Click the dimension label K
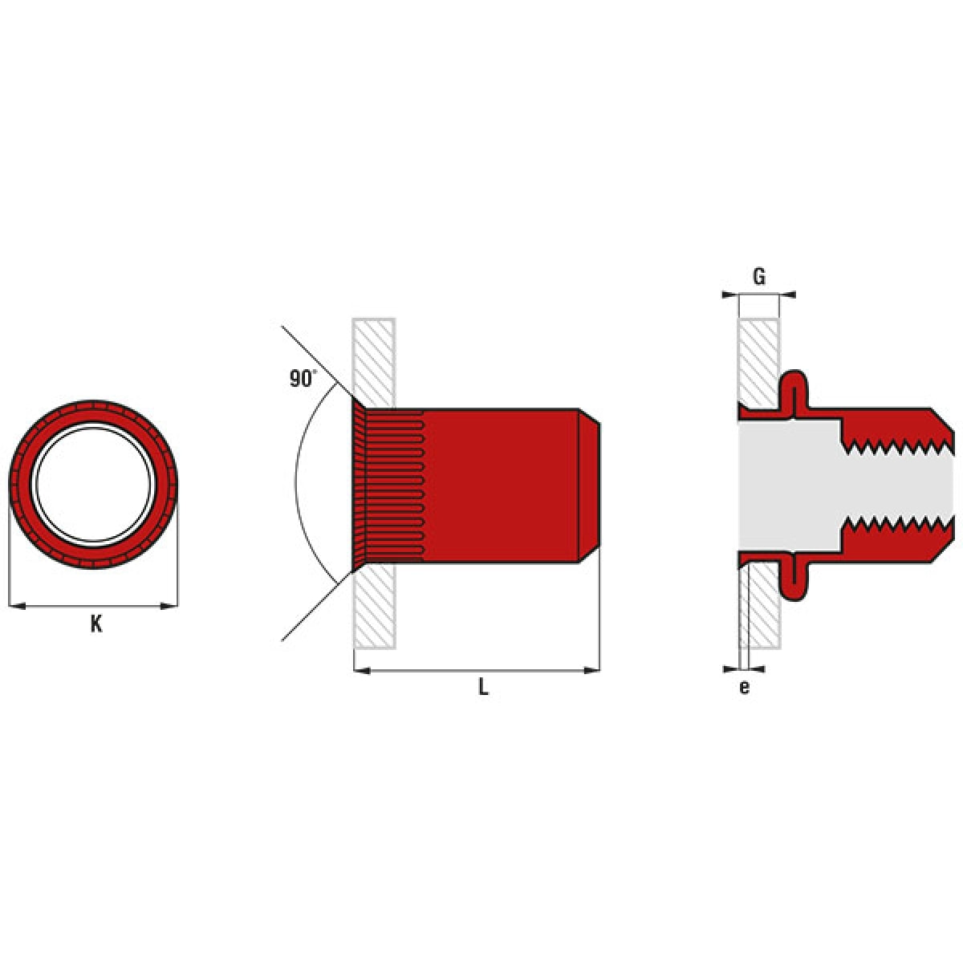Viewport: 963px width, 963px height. click(x=95, y=624)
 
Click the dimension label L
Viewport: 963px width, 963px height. click(x=483, y=687)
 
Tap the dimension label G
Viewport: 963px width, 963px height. click(x=758, y=277)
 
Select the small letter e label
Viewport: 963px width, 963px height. click(x=744, y=687)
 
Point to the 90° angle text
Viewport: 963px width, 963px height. click(x=303, y=379)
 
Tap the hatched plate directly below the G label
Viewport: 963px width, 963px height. click(x=758, y=361)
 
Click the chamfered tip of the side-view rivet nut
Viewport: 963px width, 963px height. click(x=590, y=486)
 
